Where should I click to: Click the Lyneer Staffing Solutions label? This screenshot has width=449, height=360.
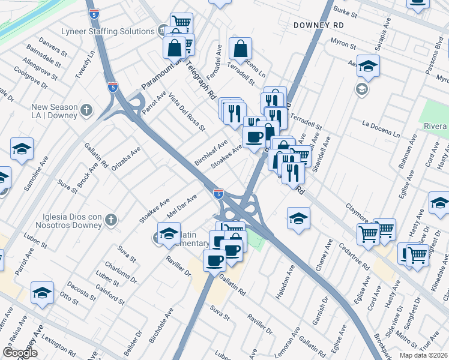click(108, 31)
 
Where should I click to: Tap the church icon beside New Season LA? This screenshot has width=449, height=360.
click(87, 110)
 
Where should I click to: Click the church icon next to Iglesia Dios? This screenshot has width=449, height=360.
click(110, 220)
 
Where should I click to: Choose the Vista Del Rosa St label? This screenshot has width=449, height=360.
click(187, 112)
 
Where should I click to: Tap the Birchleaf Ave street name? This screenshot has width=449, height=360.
click(211, 154)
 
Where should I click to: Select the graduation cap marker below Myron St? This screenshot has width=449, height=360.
click(369, 67)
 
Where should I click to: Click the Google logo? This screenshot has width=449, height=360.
click(20, 353)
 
